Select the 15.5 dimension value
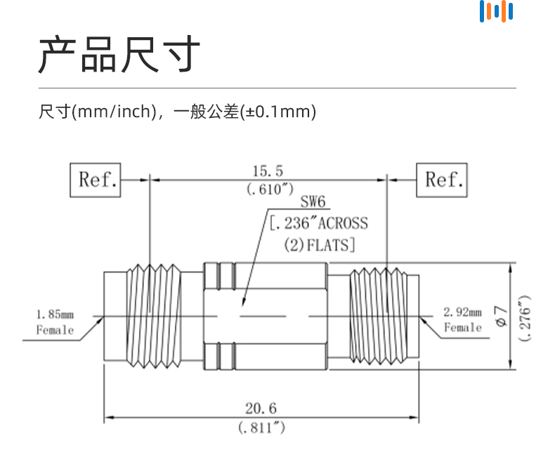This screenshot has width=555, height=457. pyautogui.click(x=268, y=171)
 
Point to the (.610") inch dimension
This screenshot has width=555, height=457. pyautogui.click(x=270, y=190)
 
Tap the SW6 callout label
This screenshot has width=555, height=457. pyautogui.click(x=313, y=201)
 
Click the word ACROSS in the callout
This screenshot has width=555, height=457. pyautogui.click(x=343, y=223)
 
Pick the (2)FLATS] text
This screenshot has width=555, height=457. pyautogui.click(x=320, y=245)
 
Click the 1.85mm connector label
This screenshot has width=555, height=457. pyautogui.click(x=55, y=314)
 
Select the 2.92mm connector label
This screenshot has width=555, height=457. pyautogui.click(x=463, y=312)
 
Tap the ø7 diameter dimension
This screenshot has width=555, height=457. pyautogui.click(x=501, y=316)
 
